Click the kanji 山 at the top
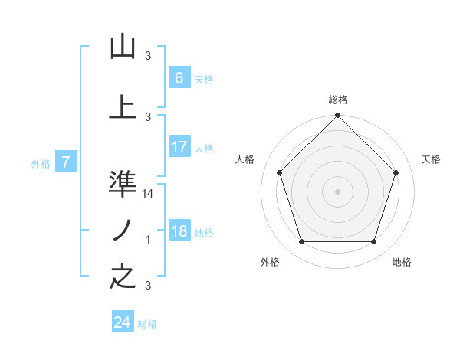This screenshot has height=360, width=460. pos(123,47)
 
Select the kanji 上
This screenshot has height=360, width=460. pos(123,107)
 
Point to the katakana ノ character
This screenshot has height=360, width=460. pos(123,230)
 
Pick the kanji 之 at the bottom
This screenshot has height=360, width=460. pos(123,277)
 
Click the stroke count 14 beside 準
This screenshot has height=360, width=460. pos(149,195)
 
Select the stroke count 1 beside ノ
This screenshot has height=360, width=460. pos(149,241)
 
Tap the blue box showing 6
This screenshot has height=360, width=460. pos(179,78)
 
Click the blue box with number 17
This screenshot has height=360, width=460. pos(179,147)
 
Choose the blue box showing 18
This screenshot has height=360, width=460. pos(179,232)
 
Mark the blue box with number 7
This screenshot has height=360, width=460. pos(66,162)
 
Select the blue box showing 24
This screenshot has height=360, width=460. pos(122,322)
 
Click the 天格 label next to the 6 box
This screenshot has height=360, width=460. pos(204,79)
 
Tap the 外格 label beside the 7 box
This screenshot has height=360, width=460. pos(41,163)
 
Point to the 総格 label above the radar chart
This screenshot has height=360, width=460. pos(338,100)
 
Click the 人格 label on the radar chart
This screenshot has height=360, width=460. pos(245,159)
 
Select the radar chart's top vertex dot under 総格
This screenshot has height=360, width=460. pos(337,116)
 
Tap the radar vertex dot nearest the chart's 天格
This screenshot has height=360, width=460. pos(396,172)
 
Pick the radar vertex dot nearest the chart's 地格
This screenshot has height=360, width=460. pos(373,242)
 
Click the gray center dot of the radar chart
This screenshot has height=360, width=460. pos(337,191)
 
